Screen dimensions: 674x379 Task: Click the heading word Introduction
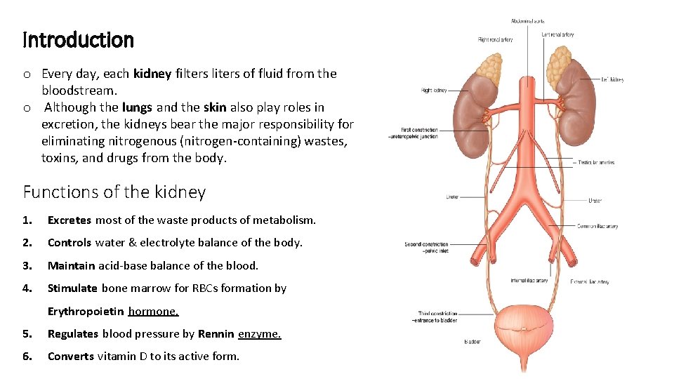point(78,40)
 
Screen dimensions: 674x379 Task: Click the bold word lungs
point(137,107)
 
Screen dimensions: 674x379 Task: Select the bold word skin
point(214,107)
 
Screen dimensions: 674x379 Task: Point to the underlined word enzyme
point(260,333)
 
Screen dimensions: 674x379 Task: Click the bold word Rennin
point(216,333)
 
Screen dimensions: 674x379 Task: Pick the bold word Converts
point(70,356)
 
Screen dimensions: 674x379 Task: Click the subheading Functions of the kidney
point(114,192)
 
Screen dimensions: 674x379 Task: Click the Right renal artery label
point(495,39)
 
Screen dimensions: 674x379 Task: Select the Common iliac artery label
point(597,226)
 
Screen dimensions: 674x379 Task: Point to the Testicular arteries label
point(596,162)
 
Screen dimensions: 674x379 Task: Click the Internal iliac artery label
point(530,281)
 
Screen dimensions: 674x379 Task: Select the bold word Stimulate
point(72,288)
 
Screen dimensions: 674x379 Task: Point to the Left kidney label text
point(612,80)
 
